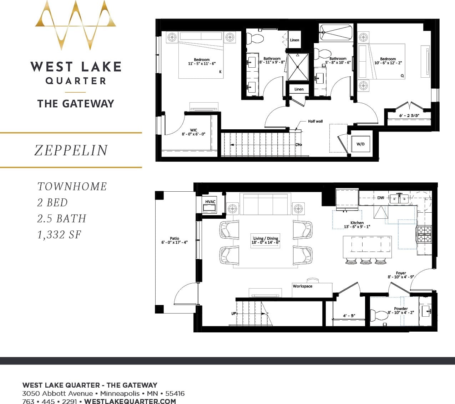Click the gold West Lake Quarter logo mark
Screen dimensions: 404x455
75,25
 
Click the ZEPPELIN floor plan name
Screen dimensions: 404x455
71,150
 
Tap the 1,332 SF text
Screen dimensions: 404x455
59,235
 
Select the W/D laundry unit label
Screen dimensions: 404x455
360,144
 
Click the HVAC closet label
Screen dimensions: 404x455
210,202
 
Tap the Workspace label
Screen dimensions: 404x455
302,286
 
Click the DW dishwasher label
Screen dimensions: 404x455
380,198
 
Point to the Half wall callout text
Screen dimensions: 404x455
315,121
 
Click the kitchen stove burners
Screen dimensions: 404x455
425,234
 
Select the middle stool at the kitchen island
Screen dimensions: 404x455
366,261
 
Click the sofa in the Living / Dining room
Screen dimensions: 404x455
265,204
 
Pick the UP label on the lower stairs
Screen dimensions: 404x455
234,314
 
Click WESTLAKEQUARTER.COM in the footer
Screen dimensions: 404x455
130,401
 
